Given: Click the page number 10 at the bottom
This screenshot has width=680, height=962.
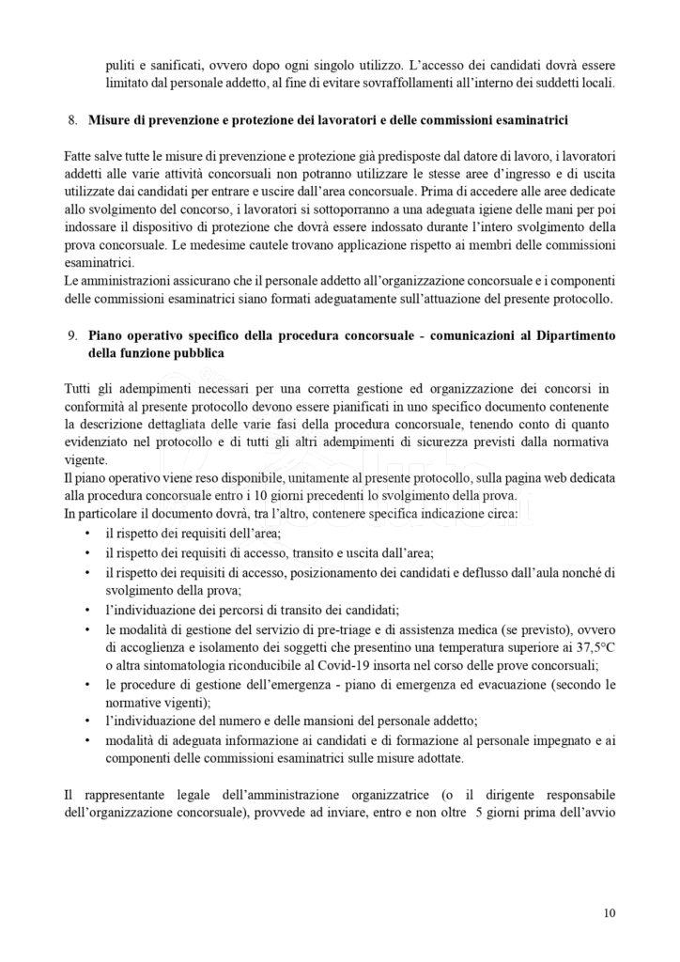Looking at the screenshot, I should [x=610, y=912].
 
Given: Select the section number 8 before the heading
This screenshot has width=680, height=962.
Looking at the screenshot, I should [x=72, y=121].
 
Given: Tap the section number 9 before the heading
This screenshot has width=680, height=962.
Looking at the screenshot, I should [x=72, y=336].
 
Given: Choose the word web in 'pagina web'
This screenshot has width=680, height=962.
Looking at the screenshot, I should [x=522, y=478].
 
